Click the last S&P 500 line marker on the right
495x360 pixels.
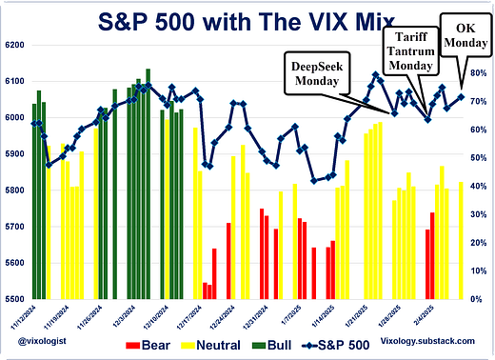(462, 96)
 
